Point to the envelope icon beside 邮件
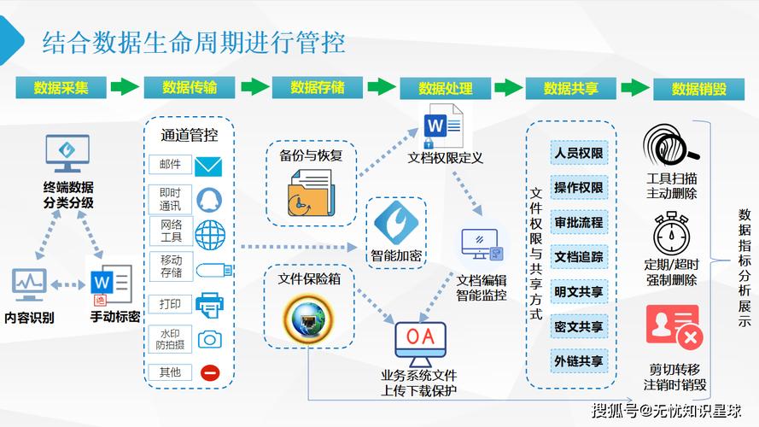[208, 166]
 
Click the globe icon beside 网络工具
[209, 233]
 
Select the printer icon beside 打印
[209, 304]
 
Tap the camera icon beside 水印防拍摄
[209, 339]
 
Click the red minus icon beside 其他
[209, 372]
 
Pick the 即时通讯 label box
[170, 200]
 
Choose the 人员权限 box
[579, 154]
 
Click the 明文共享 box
[579, 291]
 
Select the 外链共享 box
[579, 360]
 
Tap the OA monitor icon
[419, 340]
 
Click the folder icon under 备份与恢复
[307, 193]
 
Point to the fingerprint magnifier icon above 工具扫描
[670, 146]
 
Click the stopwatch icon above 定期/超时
[670, 233]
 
